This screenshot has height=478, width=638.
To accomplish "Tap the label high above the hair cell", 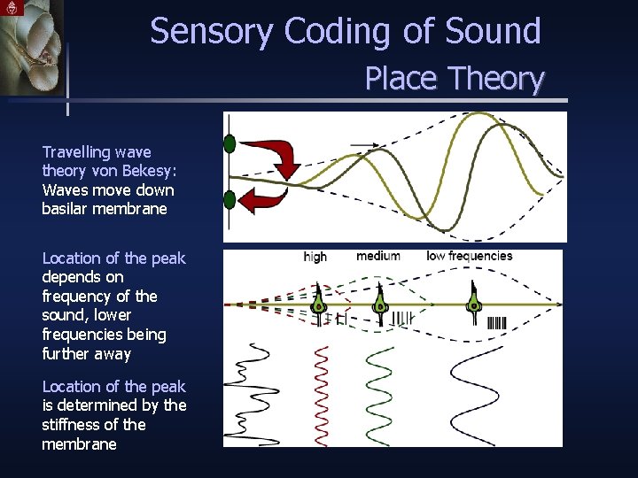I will pyautogui.click(x=315, y=257).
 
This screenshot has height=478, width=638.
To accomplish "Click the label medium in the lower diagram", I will pyautogui.click(x=378, y=257).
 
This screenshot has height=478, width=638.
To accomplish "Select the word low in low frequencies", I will pyautogui.click(x=436, y=257).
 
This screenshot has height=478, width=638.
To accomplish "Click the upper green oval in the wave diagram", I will pyautogui.click(x=230, y=143).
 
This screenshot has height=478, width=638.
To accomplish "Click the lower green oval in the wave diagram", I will pyautogui.click(x=230, y=199).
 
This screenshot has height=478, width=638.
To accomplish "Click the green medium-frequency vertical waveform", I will pyautogui.click(x=378, y=394).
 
